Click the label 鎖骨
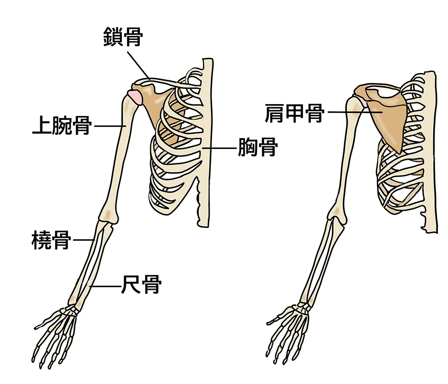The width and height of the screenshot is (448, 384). click(123, 37)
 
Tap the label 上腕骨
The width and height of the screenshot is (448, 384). click(62, 125)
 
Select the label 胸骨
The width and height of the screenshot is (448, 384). click(258, 147)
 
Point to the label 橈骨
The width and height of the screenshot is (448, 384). click(51, 240)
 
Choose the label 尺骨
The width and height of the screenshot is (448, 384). click(142, 284)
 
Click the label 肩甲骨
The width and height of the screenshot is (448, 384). click(295, 113)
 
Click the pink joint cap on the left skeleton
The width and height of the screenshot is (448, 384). click(135, 97)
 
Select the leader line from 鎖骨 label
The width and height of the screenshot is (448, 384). click(138, 65)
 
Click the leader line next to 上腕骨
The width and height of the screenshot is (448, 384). click(110, 126)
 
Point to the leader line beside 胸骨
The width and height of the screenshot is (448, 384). click(219, 148)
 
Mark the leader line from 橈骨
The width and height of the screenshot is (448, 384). click(84, 240)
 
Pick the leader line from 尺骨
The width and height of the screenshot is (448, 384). click(104, 286)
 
